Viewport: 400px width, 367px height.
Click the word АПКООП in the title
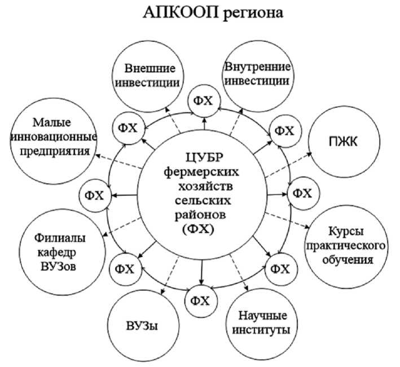click(169, 12)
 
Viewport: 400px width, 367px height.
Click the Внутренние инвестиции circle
click(257, 74)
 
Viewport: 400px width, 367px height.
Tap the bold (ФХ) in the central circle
click(201, 230)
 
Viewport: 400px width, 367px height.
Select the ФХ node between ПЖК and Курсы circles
click(303, 194)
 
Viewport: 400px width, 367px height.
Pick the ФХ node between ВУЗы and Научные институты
click(201, 299)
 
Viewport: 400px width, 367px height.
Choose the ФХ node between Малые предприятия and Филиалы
click(95, 195)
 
